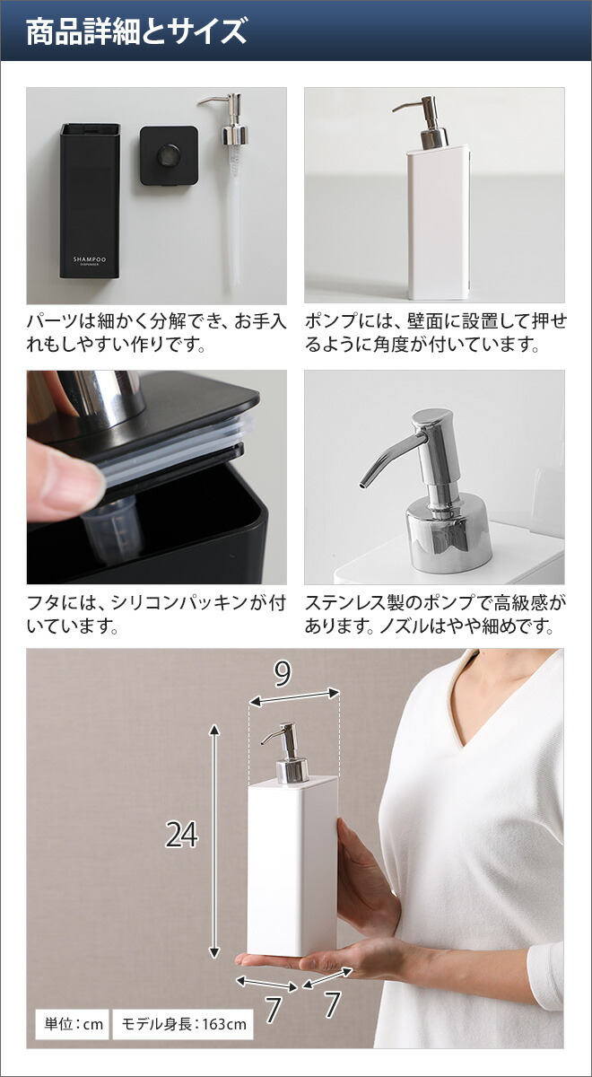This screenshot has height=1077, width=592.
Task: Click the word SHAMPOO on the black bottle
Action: [89, 257]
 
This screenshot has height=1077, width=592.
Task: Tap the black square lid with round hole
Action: [168, 154]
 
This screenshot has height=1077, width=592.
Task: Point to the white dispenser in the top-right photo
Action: [434, 224]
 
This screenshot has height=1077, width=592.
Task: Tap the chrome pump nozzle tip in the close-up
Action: [362, 486]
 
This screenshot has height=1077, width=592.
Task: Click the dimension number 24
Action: [181, 835]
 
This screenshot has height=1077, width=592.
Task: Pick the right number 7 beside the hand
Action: [332, 1004]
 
